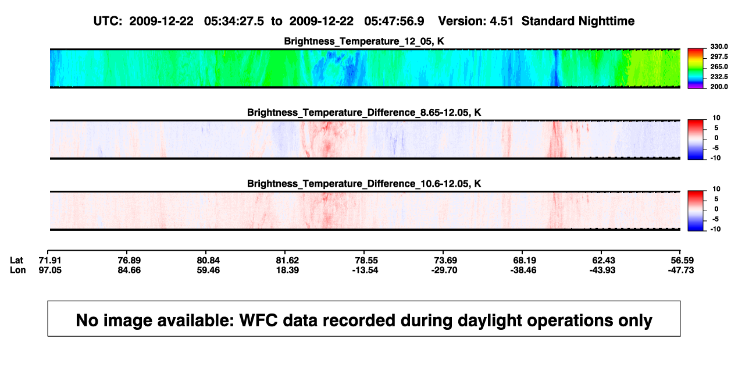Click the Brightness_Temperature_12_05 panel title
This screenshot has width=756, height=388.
pos(364,41)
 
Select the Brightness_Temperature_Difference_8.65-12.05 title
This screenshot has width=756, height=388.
pos(364,112)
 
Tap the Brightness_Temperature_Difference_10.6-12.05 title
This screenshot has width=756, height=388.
pos(364,184)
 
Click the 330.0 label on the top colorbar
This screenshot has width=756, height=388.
pos(719,47)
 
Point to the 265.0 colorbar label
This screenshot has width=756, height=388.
pos(719,66)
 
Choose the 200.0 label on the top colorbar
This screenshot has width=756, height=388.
pos(719,87)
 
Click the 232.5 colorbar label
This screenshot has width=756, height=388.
pos(719,77)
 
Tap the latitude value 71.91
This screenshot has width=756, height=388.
pos(50,261)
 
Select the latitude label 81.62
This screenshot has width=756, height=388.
pos(287,261)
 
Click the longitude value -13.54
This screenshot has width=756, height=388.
pos(365,270)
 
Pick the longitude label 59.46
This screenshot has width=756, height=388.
pos(208,270)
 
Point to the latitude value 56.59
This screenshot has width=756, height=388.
pos(682,261)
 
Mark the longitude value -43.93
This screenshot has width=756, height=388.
pos(602,270)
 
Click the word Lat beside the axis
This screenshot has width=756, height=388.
pos(16,261)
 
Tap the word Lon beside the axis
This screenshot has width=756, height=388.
pos(17,270)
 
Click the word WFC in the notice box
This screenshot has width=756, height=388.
pos(258,320)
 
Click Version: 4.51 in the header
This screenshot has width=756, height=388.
pos(476,21)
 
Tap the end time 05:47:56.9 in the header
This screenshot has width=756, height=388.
pos(394,21)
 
